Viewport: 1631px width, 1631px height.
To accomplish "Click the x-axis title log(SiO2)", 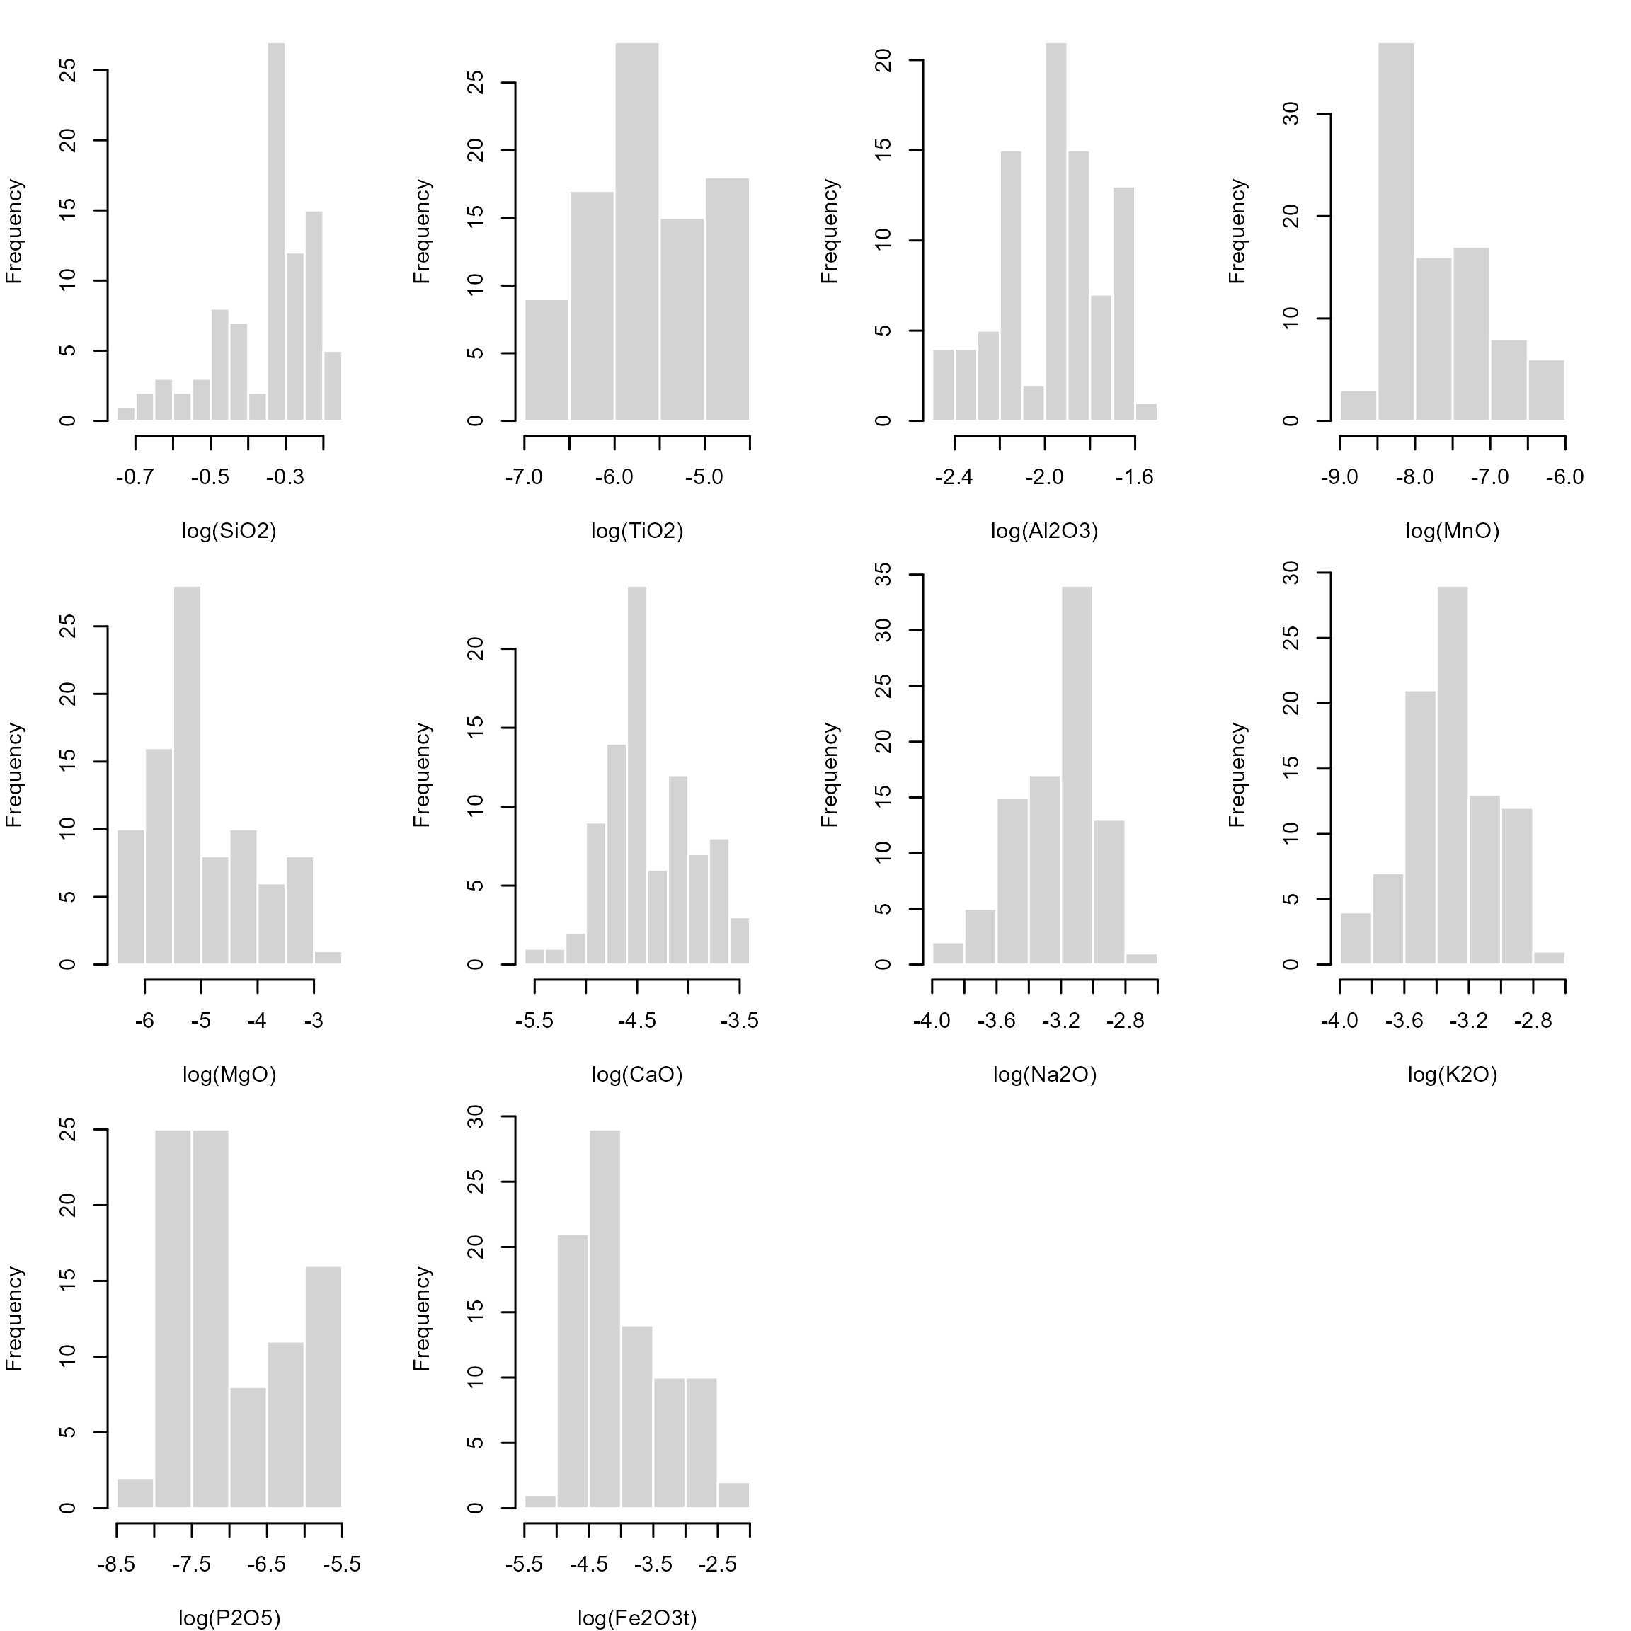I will [x=229, y=531].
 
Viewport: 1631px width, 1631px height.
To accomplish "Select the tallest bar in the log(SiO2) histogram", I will [x=276, y=232].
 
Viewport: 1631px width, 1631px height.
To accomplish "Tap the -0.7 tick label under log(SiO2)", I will [x=135, y=478].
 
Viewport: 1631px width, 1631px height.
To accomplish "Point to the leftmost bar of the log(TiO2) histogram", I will [x=546, y=360].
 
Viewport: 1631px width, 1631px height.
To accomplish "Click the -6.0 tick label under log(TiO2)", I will [x=614, y=478].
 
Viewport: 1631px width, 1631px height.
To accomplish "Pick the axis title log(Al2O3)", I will [x=1044, y=531].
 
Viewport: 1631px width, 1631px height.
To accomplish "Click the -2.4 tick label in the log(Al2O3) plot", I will [x=954, y=478].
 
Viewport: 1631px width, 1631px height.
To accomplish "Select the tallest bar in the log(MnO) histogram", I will [x=1396, y=232].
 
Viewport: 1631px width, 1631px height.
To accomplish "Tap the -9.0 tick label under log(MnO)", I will [x=1340, y=478].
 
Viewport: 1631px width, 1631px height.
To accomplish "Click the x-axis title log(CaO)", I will [x=636, y=1075].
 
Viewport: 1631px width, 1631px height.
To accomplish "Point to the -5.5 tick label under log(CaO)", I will [x=534, y=1021].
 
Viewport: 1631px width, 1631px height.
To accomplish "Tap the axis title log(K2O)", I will [x=1452, y=1075].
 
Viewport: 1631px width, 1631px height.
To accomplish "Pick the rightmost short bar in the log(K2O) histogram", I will [x=1549, y=958].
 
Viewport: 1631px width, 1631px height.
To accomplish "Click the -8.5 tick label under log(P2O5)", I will [x=117, y=1565].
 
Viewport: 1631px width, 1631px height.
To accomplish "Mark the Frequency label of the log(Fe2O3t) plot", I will [x=421, y=1319].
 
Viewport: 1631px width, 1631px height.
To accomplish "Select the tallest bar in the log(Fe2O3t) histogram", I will [x=605, y=1319].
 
